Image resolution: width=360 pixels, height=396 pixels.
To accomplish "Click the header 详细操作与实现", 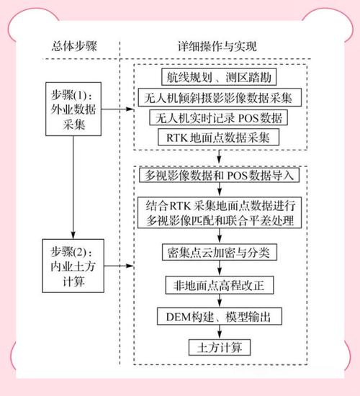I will tap(218, 47).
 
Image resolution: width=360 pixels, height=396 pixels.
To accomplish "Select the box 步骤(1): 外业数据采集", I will tap(73, 109).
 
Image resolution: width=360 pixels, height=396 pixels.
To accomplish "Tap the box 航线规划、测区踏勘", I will tap(220, 76).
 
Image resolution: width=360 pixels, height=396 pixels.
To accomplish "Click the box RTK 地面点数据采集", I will tap(220, 136).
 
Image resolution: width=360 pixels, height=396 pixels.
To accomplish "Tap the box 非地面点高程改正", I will tap(220, 285).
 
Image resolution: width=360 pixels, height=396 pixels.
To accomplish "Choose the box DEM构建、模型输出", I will tap(220, 317).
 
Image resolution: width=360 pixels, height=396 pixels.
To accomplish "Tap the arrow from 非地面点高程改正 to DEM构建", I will tap(220, 301).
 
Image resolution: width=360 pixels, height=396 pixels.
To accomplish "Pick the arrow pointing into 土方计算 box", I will tap(220, 333).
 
